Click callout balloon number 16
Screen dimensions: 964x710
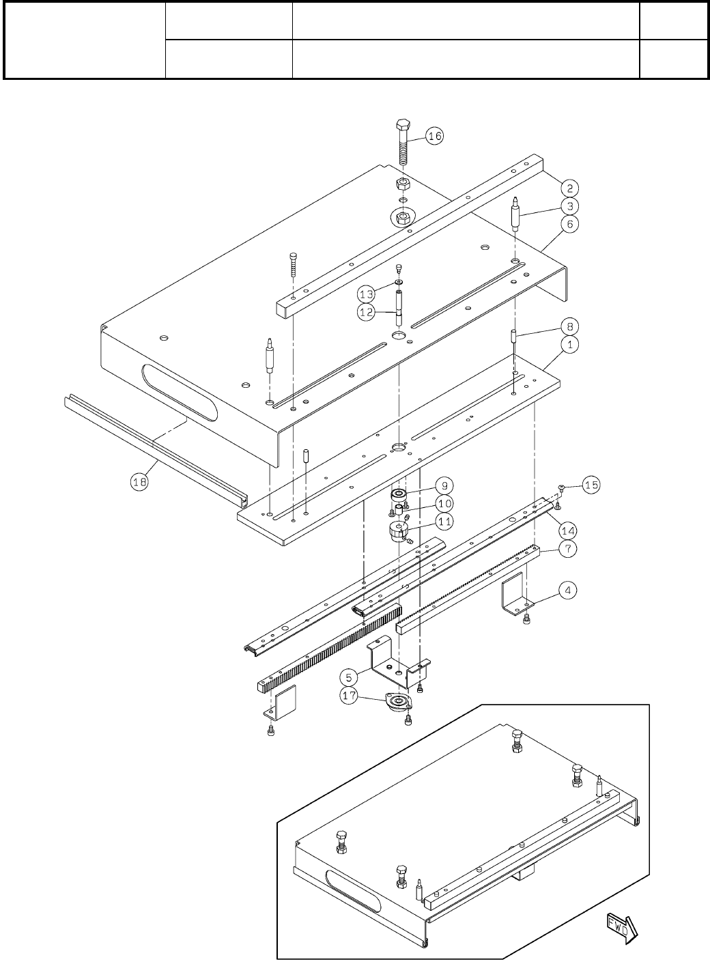435,136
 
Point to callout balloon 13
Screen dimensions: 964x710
367,294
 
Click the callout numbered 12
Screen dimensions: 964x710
367,312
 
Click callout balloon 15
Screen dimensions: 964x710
591,485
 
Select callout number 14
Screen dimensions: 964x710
568,529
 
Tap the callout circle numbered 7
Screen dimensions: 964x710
568,548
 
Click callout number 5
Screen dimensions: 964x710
349,678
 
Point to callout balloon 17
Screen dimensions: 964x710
349,697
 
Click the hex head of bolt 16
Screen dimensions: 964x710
403,126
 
